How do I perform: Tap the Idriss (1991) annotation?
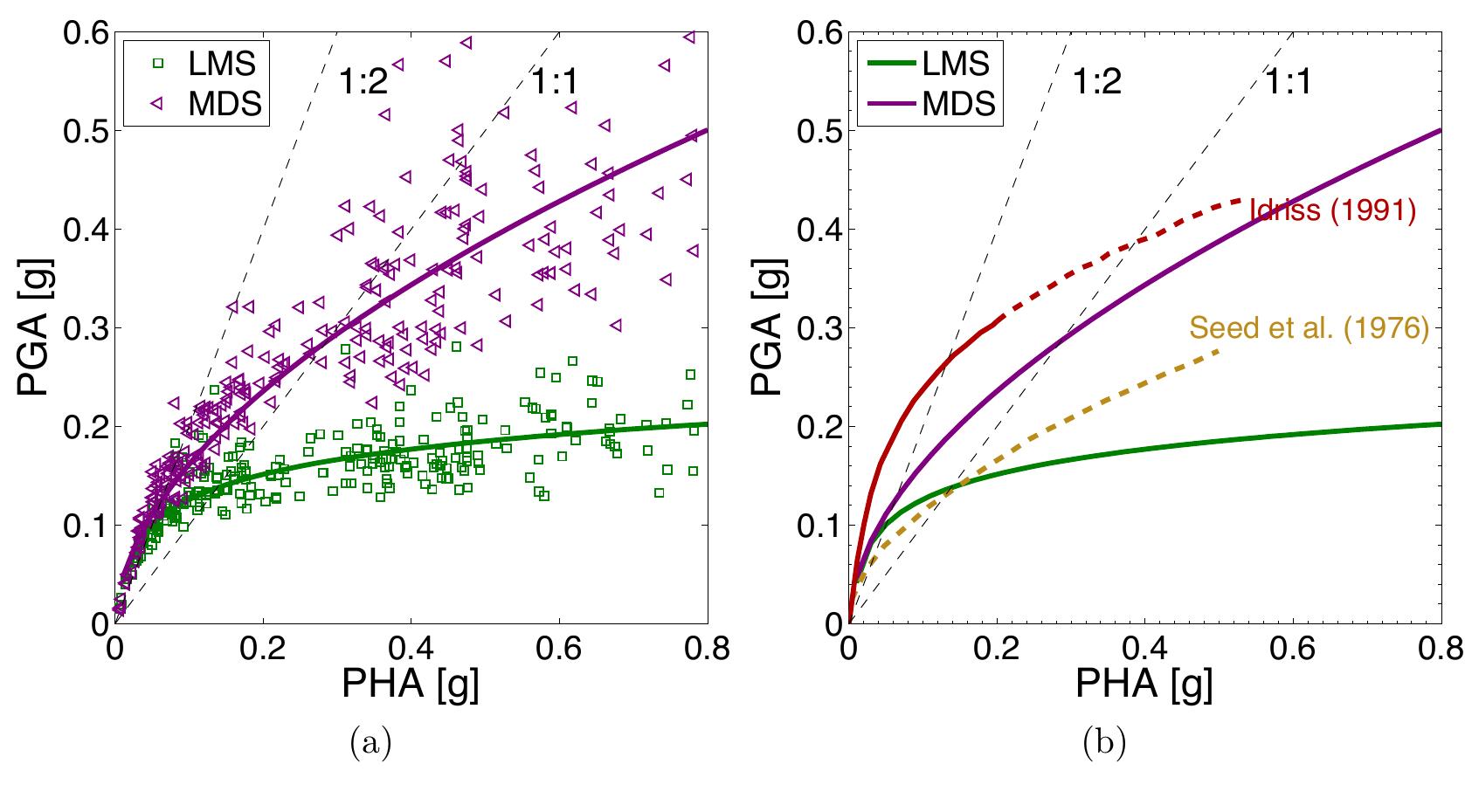(1331, 211)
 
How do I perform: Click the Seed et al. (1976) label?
(1308, 329)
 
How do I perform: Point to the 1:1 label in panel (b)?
(1288, 81)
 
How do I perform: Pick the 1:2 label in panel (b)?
(1095, 81)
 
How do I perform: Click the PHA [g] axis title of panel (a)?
(410, 685)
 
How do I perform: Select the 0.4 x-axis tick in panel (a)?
(411, 647)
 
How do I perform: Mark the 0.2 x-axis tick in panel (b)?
(997, 647)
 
